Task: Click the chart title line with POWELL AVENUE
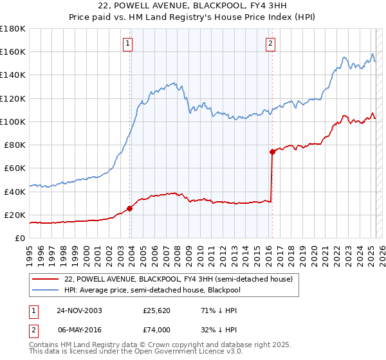click(x=192, y=6)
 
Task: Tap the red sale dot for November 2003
click(x=130, y=208)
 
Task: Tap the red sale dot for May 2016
click(x=272, y=152)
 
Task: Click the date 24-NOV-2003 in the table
click(x=79, y=310)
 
